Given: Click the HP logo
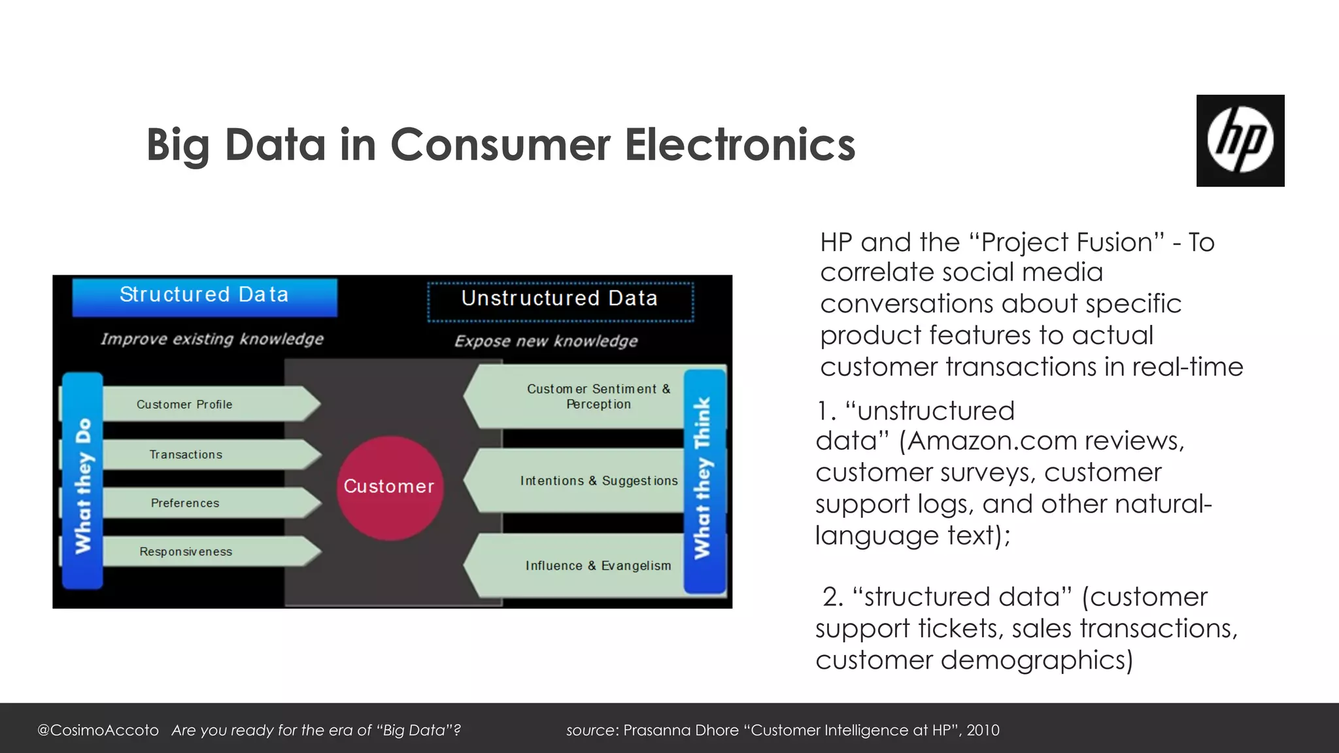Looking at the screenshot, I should tap(1240, 141).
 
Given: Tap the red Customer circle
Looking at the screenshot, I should tap(390, 488).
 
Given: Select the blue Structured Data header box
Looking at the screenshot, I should tap(205, 297).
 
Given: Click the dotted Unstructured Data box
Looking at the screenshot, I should tap(560, 301).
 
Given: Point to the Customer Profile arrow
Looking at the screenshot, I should tap(203, 404).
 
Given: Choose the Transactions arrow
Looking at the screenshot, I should tap(203, 454).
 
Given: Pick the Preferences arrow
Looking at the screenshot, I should tap(203, 503).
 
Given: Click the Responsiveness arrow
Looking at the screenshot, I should tap(203, 551).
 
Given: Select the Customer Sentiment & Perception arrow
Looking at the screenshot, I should tap(582, 397).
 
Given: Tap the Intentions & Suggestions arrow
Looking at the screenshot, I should tap(582, 480).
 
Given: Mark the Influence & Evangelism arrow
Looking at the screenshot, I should tap(582, 565).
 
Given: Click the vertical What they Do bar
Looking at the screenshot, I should tap(82, 480).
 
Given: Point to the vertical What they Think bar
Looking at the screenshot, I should tap(704, 480).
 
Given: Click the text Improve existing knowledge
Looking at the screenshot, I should tap(212, 339).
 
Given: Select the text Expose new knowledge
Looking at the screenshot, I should tap(546, 341).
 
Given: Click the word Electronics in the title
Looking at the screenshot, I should tap(739, 145).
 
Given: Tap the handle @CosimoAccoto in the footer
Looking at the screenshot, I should tap(98, 730).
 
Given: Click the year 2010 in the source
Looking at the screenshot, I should tap(983, 730).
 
